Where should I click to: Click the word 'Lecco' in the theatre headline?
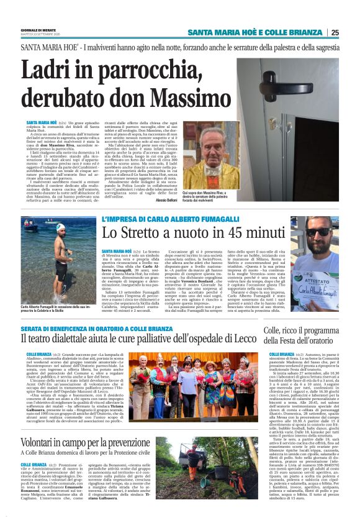point(256,339)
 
